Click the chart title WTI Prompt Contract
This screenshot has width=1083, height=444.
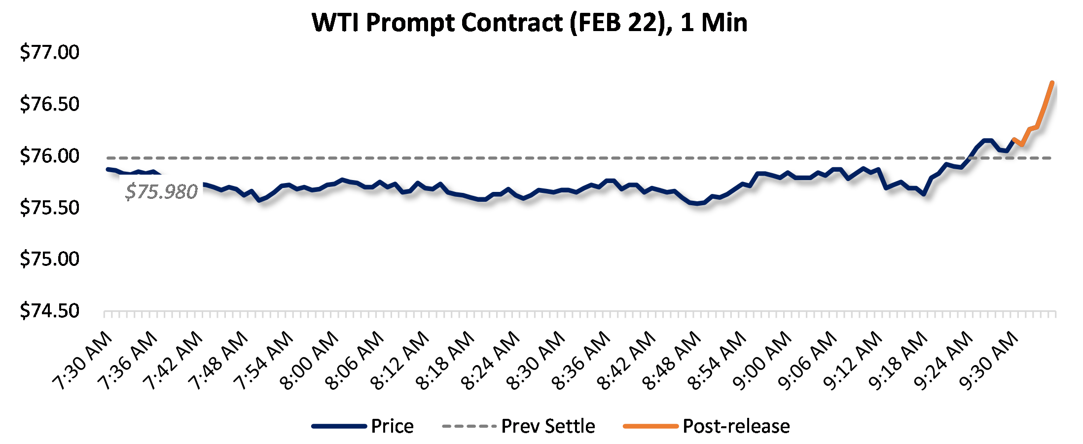click(529, 23)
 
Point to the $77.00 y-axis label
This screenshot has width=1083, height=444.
click(49, 52)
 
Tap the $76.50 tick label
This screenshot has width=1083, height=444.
click(49, 104)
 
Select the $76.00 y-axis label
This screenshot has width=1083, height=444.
click(49, 156)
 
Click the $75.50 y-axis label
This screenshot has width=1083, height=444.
click(49, 208)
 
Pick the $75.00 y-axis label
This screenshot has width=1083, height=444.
click(49, 259)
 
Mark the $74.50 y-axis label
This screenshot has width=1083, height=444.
click(49, 311)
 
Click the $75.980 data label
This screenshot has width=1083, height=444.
click(161, 191)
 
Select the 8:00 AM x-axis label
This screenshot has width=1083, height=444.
click(309, 361)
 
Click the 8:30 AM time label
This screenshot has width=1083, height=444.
click(536, 361)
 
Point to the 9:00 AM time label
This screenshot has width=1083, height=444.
click(762, 361)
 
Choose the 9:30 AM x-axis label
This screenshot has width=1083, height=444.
click(989, 361)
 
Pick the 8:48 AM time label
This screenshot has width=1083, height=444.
click(672, 361)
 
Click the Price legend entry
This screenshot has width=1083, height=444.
click(392, 426)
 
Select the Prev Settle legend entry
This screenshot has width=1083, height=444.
click(548, 426)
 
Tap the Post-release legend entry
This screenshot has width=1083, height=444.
click(736, 426)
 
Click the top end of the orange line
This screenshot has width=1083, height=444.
click(1052, 83)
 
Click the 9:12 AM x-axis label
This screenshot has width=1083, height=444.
click(853, 361)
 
